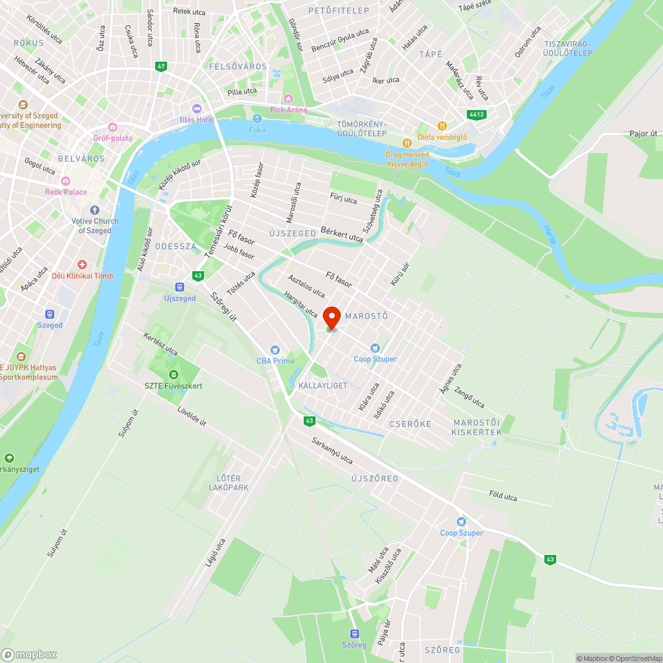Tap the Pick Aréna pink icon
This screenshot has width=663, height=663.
(x=288, y=99)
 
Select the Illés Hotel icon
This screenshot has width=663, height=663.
(x=196, y=109)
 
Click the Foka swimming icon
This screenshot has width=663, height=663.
(x=257, y=119)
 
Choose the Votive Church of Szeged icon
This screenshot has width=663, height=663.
(x=93, y=210)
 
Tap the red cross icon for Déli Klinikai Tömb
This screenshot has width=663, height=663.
(x=82, y=265)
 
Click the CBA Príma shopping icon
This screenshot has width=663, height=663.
(x=274, y=350)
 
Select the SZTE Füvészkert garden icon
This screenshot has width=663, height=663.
(x=174, y=375)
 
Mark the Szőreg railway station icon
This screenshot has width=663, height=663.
(x=354, y=634)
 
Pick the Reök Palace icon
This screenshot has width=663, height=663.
(x=66, y=181)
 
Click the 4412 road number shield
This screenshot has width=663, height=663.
(x=476, y=114)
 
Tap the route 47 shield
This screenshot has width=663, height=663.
(x=161, y=66)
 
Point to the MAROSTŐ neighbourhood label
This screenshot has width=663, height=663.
(x=366, y=316)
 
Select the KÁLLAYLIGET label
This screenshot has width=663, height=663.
(x=323, y=386)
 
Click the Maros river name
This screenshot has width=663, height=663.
(x=549, y=234)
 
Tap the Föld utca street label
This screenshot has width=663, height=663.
(x=503, y=496)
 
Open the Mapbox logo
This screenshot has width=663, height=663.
(x=29, y=654)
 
